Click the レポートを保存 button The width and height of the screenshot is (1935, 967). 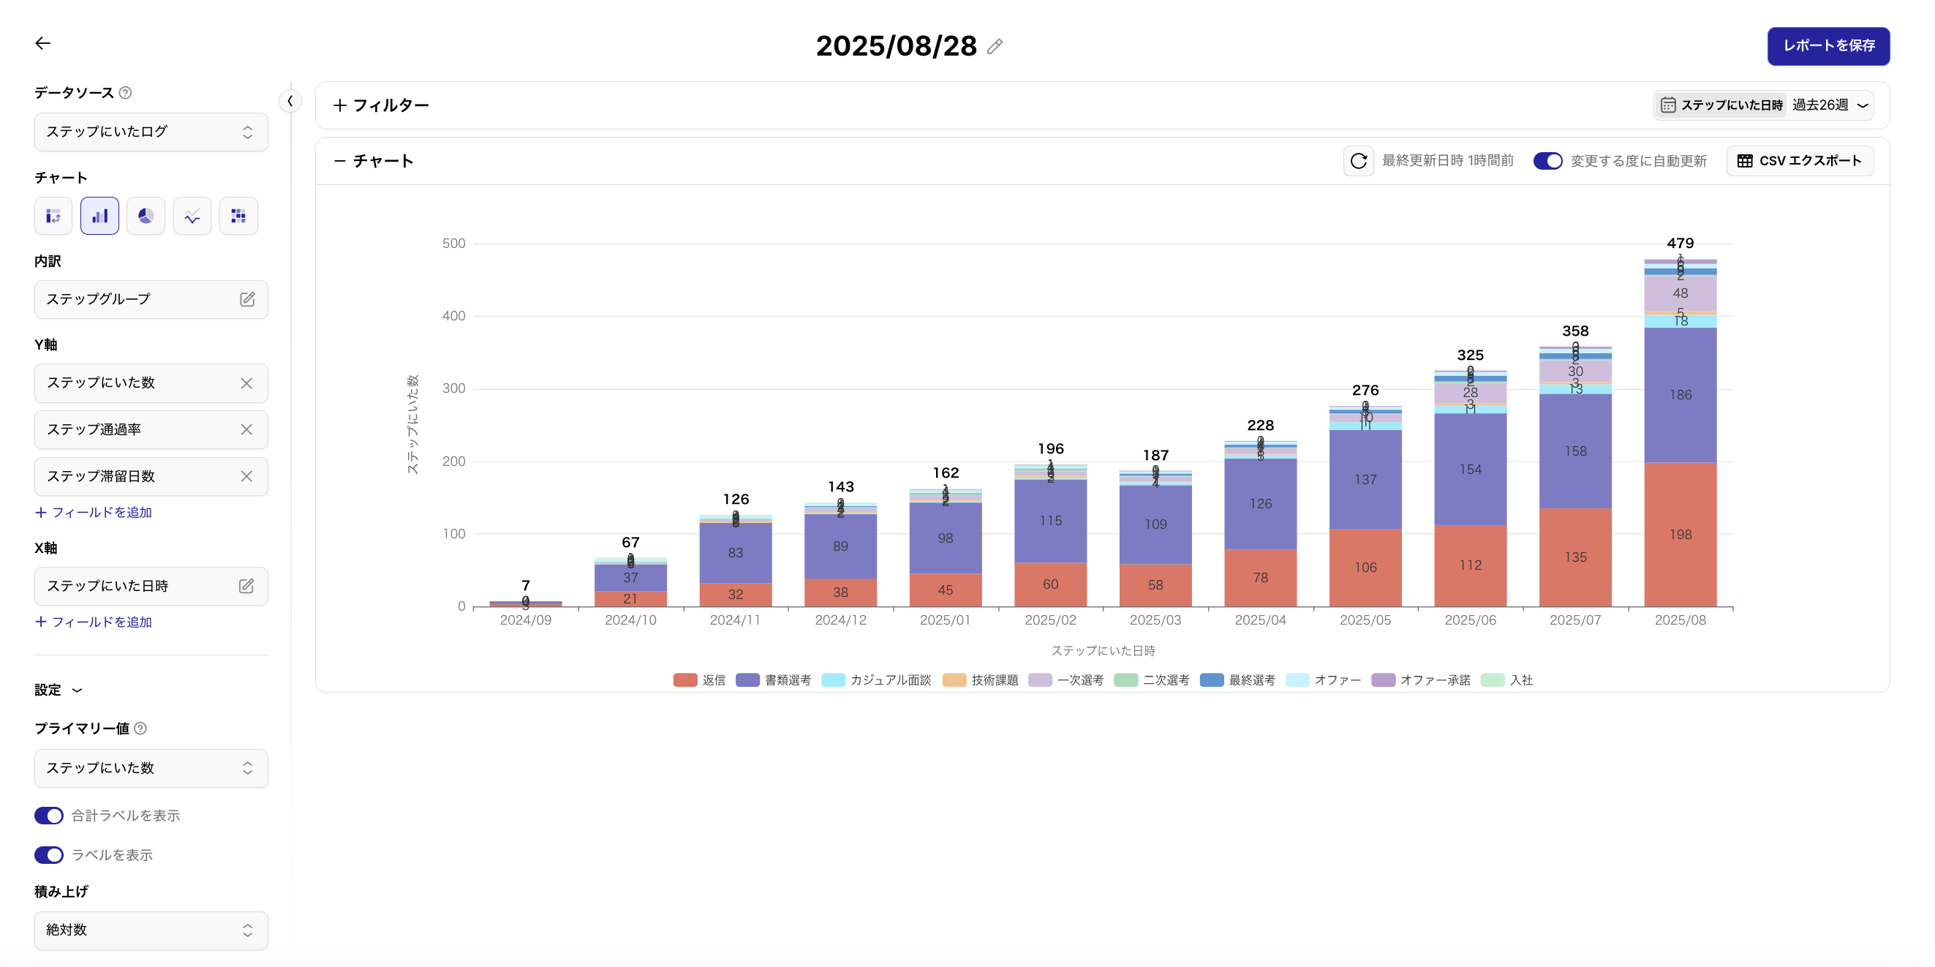(x=1827, y=46)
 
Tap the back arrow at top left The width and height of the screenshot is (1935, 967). (x=43, y=44)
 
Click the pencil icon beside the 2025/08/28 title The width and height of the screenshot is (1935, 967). (x=995, y=47)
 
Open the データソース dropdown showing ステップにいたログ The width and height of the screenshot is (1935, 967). (x=150, y=132)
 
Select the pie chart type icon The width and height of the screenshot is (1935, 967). (x=146, y=217)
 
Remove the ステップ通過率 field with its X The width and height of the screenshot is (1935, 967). (x=246, y=430)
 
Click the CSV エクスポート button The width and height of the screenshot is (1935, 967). (x=1799, y=161)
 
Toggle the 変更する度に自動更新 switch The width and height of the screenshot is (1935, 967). (x=1547, y=161)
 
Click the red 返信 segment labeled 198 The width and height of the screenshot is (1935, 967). (x=1680, y=534)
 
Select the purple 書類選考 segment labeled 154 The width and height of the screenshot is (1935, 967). (x=1470, y=470)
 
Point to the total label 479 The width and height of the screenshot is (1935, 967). (x=1680, y=244)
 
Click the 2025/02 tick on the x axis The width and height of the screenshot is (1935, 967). (x=1050, y=620)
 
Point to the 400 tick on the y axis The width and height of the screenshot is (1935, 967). (x=453, y=316)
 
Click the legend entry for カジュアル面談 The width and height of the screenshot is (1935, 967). (x=877, y=680)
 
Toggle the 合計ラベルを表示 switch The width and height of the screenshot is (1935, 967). (x=50, y=816)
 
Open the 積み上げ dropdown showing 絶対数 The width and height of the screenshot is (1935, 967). (x=150, y=930)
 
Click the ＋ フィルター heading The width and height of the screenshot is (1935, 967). (x=381, y=105)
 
